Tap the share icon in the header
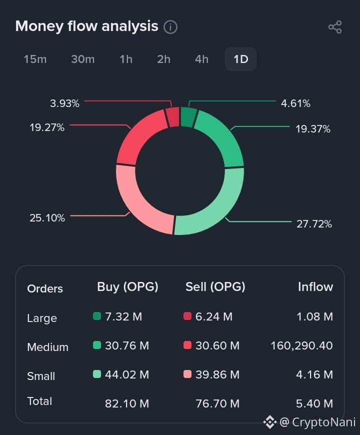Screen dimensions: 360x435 [335, 27]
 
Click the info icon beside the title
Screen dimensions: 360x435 [170, 27]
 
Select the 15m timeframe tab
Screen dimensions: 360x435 [35, 59]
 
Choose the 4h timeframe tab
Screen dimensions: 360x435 [201, 59]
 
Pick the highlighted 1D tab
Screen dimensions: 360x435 [240, 59]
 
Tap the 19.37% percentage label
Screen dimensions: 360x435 [313, 129]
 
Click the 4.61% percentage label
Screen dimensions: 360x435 [295, 103]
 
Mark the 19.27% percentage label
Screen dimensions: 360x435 [47, 127]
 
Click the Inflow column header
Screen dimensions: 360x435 [315, 287]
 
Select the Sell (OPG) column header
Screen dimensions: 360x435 [215, 287]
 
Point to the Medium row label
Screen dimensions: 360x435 [47, 347]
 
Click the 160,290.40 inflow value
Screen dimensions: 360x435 [302, 345]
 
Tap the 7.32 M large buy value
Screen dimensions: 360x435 [123, 316]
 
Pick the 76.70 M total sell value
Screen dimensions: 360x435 [217, 403]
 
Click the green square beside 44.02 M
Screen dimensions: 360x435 [97, 374]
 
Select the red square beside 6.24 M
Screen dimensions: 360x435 [187, 316]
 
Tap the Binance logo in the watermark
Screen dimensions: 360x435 [270, 422]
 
